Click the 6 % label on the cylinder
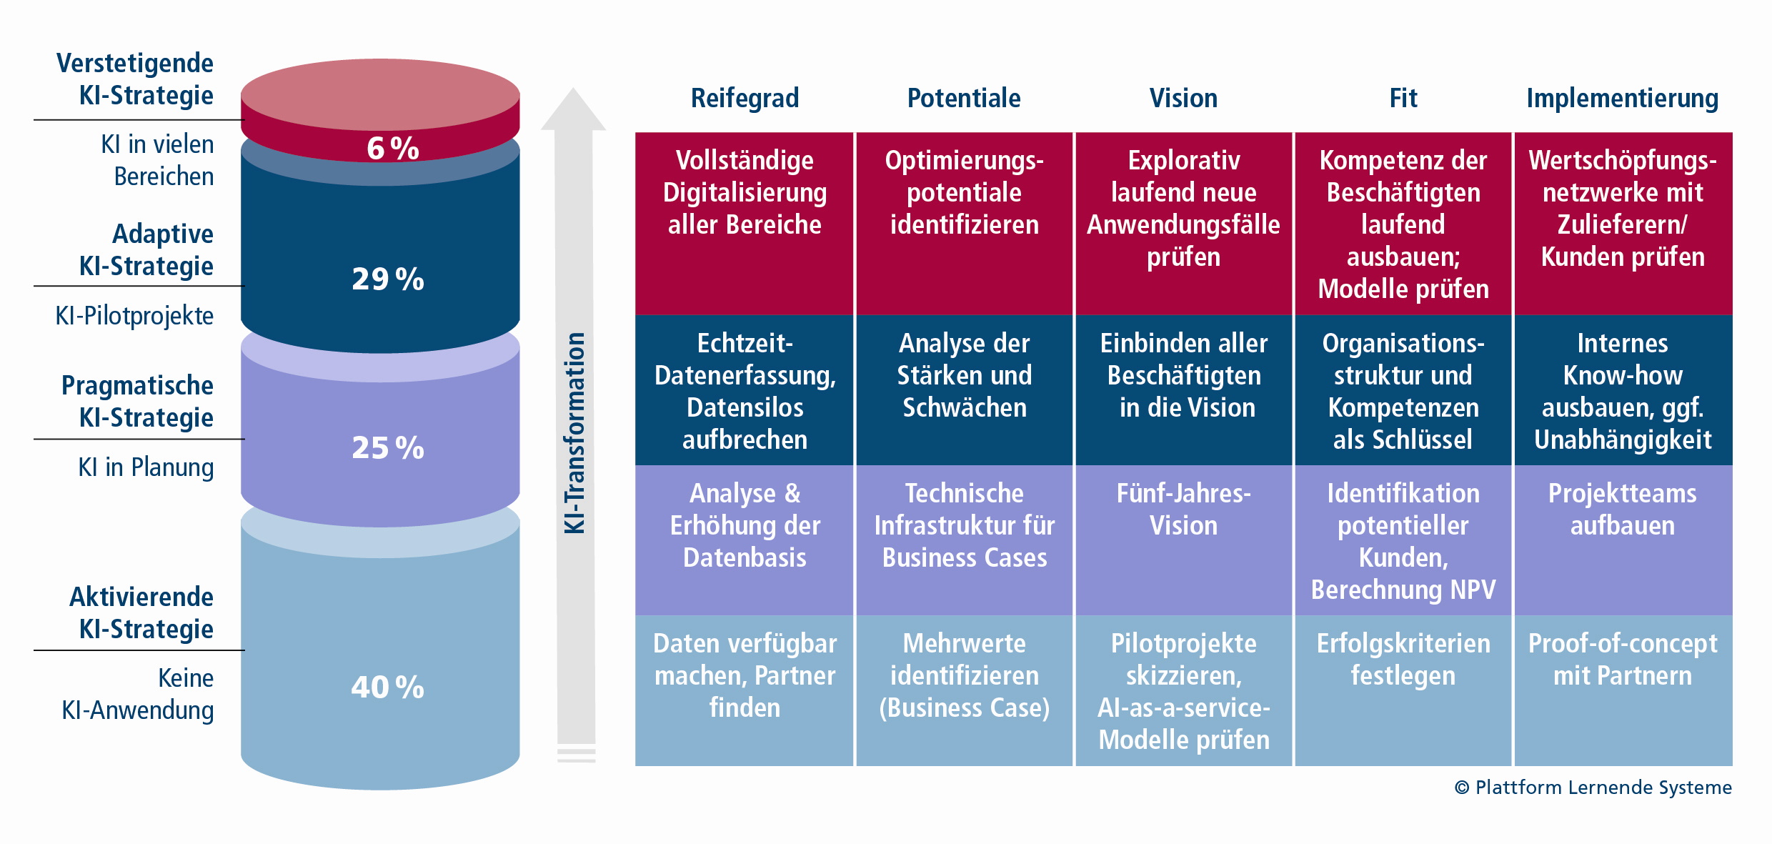click(392, 149)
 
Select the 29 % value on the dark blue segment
click(388, 279)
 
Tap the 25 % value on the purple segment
click(388, 448)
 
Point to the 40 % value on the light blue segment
click(388, 687)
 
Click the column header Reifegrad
click(745, 98)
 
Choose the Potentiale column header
click(964, 98)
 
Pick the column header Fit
click(1403, 98)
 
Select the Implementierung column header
click(1622, 98)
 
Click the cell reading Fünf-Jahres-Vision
click(1183, 510)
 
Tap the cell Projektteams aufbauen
click(1622, 510)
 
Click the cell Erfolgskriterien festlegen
click(1403, 660)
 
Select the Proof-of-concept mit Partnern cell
click(1622, 660)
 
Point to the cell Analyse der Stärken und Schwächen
click(964, 375)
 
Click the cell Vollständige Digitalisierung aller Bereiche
click(745, 192)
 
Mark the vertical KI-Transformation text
click(575, 432)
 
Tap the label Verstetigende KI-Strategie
click(136, 79)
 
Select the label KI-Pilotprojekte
click(134, 315)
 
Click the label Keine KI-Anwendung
click(138, 694)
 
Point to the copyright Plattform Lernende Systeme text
click(1593, 787)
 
